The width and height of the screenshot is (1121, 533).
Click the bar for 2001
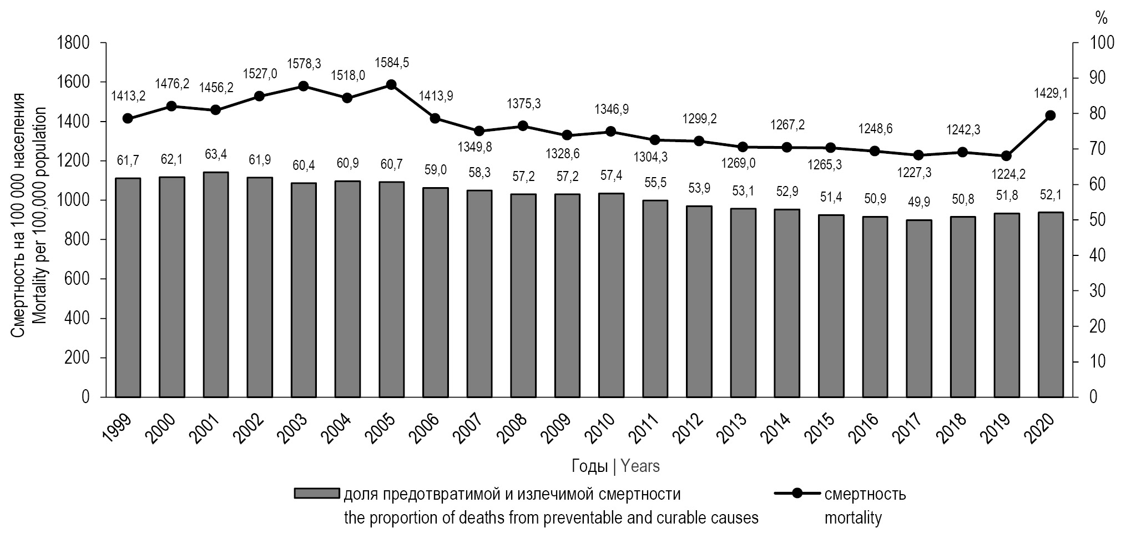215,284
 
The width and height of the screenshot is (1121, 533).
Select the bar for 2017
918,308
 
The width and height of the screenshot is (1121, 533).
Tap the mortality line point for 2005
391,85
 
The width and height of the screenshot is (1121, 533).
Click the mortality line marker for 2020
1050,115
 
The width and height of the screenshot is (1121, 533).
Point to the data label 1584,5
392,63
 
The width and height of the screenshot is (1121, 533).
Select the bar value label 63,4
215,154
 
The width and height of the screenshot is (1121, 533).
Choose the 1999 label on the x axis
119,428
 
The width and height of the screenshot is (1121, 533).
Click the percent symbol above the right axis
1101,18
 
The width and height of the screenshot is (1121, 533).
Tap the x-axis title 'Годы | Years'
615,466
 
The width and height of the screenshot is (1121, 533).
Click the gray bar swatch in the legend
316,494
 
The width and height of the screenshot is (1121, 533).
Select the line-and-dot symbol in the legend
797,494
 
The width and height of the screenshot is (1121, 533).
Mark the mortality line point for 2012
699,141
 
